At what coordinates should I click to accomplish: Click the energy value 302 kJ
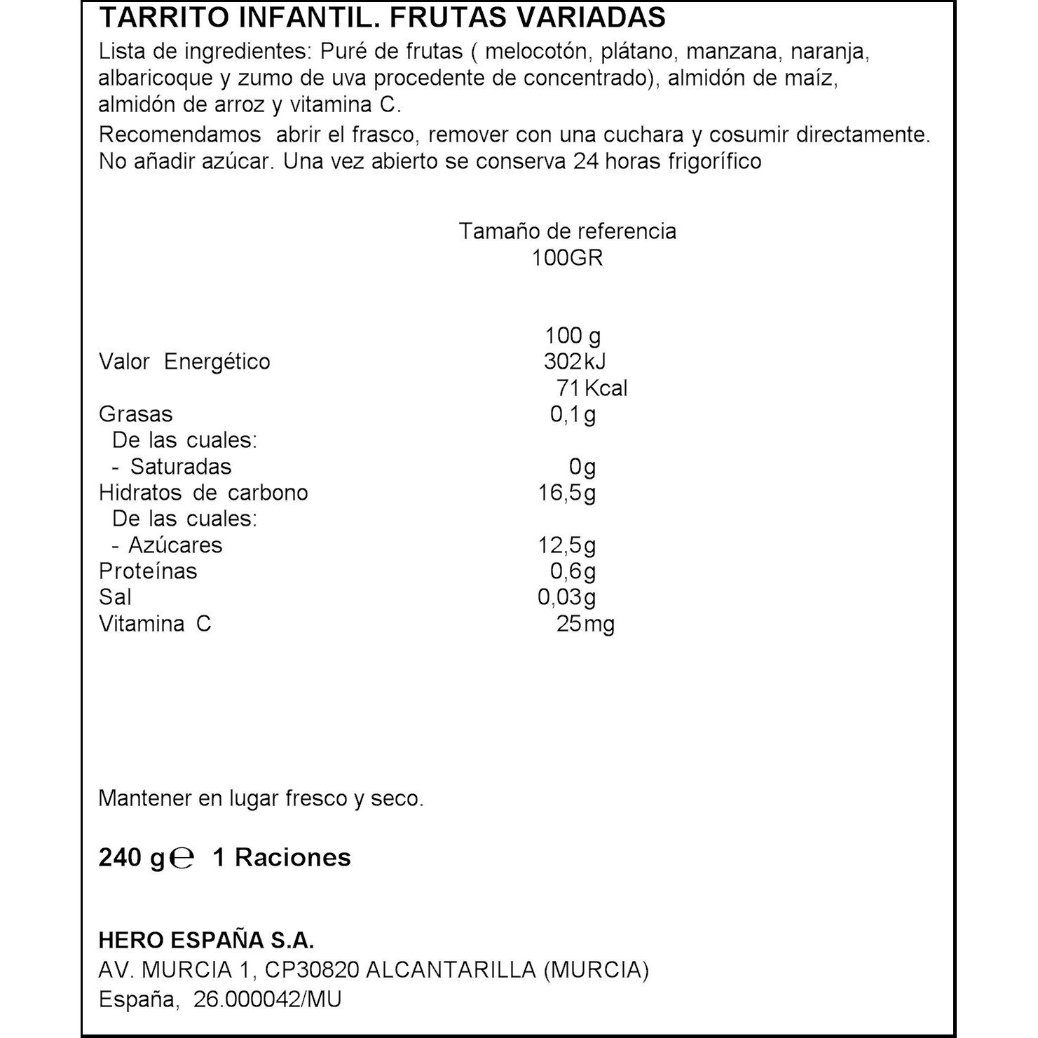point(574,362)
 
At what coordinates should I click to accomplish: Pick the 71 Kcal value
point(592,388)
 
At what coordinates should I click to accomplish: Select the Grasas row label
point(135,414)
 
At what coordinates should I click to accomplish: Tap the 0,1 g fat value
point(573,415)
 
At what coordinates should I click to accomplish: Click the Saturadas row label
point(180,467)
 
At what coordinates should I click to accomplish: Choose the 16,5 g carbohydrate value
point(566,493)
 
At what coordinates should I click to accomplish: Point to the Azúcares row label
point(175,545)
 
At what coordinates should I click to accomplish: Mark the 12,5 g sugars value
point(566,545)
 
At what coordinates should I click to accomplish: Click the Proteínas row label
point(148,571)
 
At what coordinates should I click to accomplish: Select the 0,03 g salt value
point(566,597)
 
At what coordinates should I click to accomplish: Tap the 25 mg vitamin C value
point(585,624)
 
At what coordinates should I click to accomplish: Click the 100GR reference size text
point(567,258)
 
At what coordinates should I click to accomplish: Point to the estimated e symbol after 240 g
point(182,858)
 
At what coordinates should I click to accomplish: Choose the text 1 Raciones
point(282,858)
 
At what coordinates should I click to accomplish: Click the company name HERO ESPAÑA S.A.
point(206,941)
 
